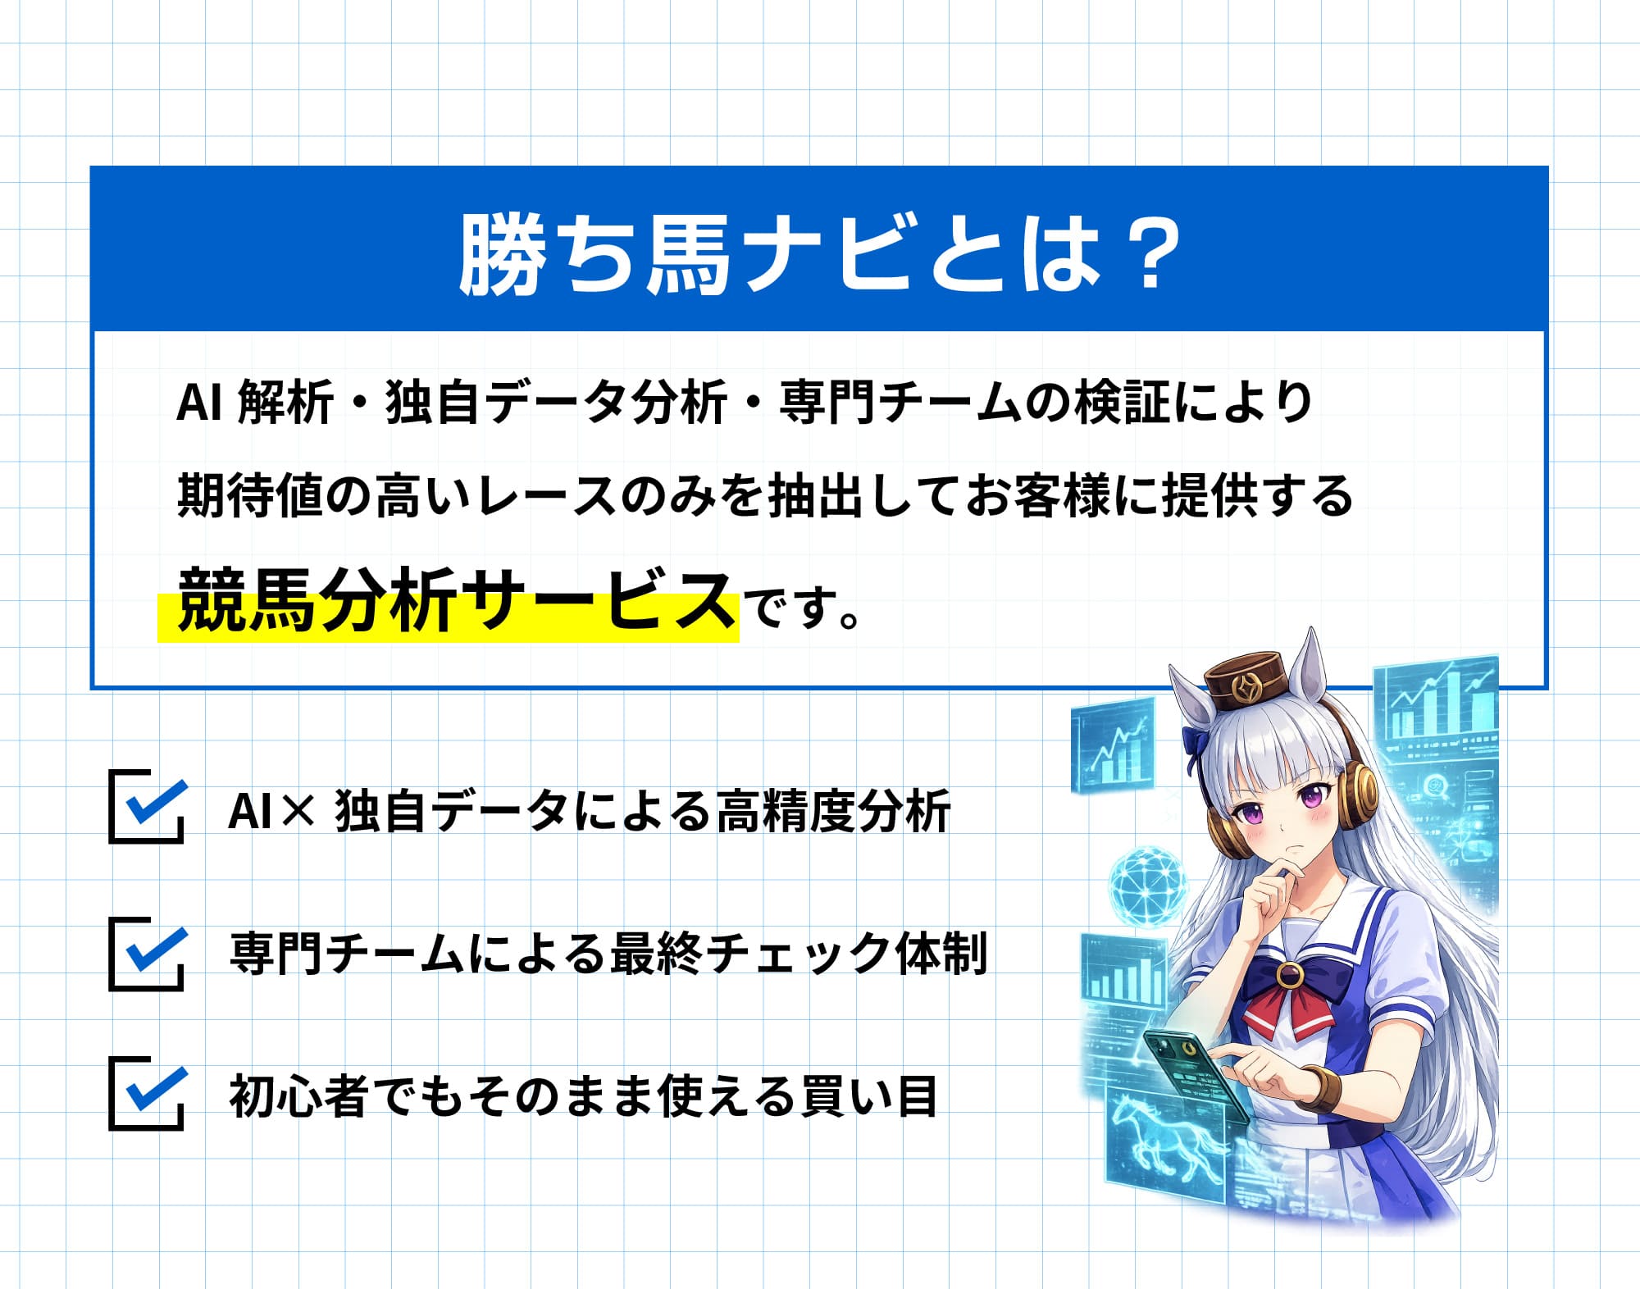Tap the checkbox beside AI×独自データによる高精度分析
pyautogui.click(x=146, y=807)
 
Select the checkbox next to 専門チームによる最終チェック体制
pyautogui.click(x=146, y=954)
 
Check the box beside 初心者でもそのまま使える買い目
pyautogui.click(x=146, y=1094)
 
